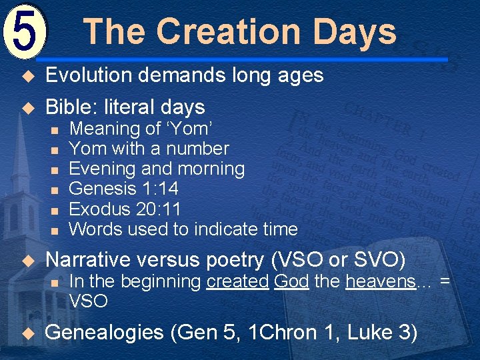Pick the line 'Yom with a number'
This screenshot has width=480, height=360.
(149, 149)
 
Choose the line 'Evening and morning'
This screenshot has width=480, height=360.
(157, 169)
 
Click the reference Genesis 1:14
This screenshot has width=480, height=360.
(123, 189)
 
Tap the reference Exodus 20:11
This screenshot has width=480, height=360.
(125, 209)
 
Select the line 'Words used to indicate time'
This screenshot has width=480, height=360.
(183, 229)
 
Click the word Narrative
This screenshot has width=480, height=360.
(91, 259)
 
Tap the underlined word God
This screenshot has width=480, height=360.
(291, 281)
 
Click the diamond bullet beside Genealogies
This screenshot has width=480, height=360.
(27, 331)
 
